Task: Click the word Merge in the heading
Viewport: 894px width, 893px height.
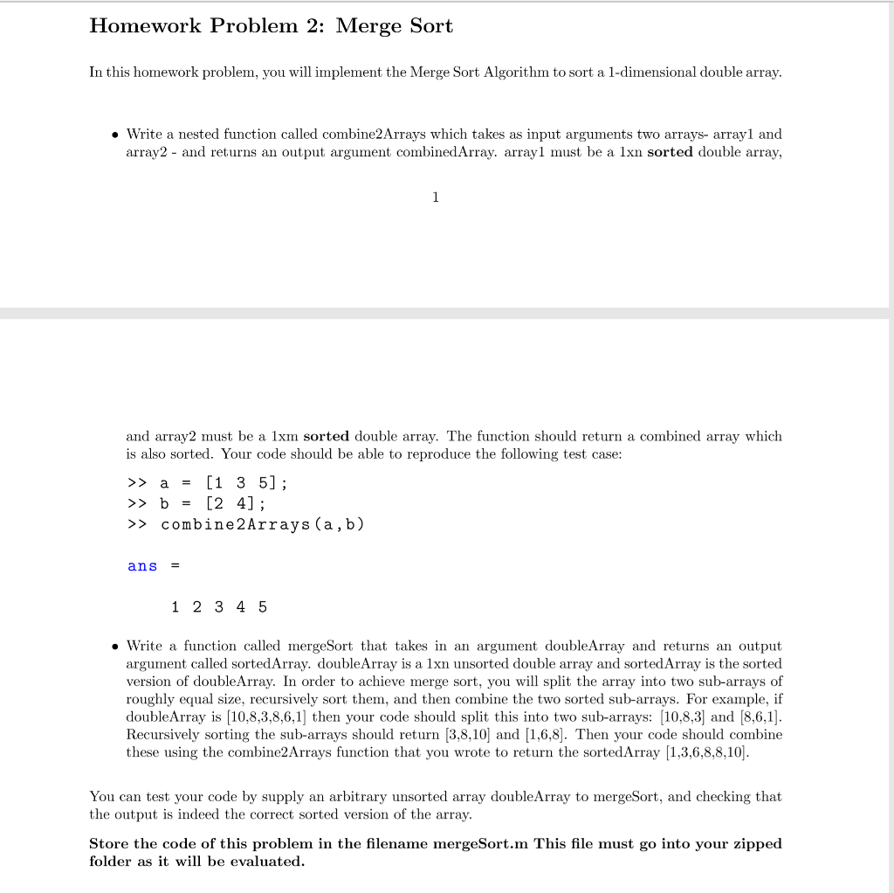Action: click(x=368, y=26)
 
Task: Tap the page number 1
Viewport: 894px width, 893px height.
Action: click(x=435, y=197)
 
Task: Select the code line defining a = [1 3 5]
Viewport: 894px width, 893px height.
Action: click(x=207, y=482)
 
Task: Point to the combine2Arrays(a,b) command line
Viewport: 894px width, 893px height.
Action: click(x=245, y=524)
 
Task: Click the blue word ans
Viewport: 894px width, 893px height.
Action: click(x=142, y=566)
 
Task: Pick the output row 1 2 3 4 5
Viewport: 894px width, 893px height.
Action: click(x=219, y=607)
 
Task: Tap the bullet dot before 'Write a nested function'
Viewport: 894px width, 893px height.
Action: click(x=113, y=135)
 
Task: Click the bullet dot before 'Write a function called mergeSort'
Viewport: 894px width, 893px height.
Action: click(x=113, y=647)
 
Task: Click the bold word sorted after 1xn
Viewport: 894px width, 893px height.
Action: click(x=670, y=152)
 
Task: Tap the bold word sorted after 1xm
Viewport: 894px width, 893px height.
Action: click(x=326, y=436)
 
